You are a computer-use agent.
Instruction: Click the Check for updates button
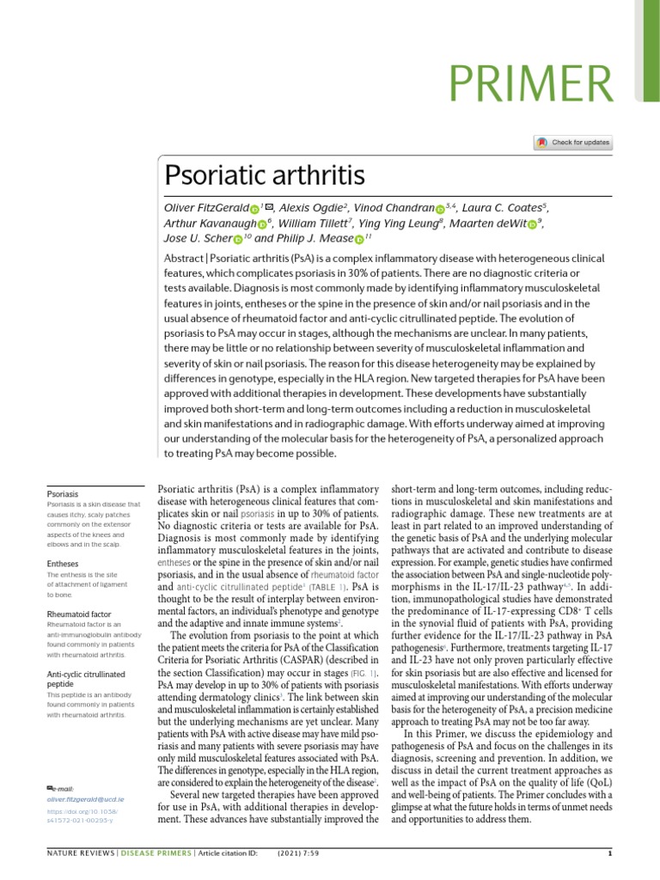click(x=572, y=143)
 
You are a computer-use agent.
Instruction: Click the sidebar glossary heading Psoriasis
click(x=63, y=494)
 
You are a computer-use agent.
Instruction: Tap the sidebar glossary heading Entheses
click(x=63, y=564)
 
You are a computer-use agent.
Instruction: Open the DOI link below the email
click(x=83, y=816)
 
